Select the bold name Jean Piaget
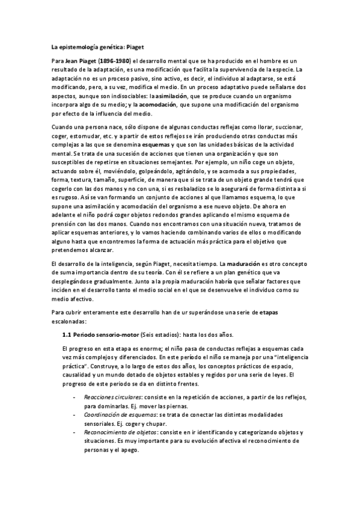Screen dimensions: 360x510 82,61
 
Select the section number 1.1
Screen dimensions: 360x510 67,334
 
